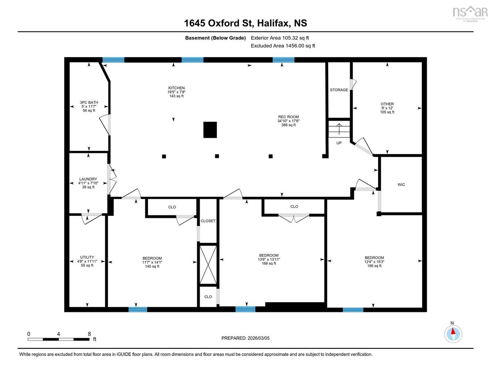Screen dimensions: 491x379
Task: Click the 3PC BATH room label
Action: (x=89, y=102)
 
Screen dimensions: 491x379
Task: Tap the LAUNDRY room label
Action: (x=88, y=179)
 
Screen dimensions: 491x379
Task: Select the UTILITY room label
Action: (x=87, y=257)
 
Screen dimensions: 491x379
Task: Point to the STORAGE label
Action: (x=339, y=90)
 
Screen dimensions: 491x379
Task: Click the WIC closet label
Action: (x=401, y=185)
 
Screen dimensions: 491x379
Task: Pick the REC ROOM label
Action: (x=288, y=117)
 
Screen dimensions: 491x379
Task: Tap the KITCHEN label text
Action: (x=176, y=88)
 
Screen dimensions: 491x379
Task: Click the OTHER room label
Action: (x=387, y=104)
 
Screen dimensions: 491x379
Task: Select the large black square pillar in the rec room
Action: (x=210, y=130)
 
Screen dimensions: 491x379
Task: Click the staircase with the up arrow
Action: (x=339, y=129)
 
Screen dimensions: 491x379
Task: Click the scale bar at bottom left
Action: (x=59, y=339)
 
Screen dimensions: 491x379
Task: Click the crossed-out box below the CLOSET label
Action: (x=208, y=265)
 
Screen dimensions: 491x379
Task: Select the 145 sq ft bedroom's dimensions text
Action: (x=152, y=262)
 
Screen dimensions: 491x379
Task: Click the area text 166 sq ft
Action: (x=374, y=266)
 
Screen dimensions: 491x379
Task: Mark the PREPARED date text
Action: (x=245, y=338)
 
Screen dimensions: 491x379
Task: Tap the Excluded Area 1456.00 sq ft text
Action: (x=283, y=46)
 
